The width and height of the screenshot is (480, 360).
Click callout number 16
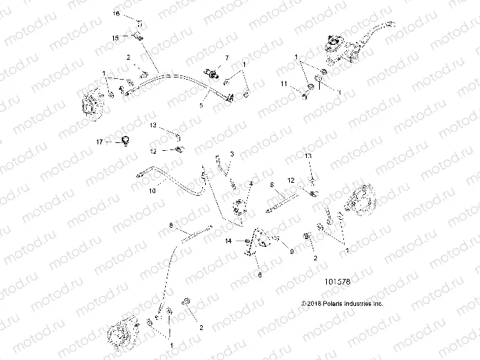click(x=118, y=14)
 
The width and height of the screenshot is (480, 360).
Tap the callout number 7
click(x=227, y=57)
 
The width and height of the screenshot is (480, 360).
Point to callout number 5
click(x=201, y=105)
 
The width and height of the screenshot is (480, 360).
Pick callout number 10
click(x=151, y=191)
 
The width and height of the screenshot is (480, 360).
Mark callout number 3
click(x=231, y=153)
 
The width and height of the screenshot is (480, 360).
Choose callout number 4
click(x=251, y=184)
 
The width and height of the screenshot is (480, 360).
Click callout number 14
click(x=229, y=242)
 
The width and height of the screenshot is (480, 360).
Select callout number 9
click(x=291, y=250)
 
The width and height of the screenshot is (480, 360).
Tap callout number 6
click(x=260, y=274)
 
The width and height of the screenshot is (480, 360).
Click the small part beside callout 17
click(x=127, y=139)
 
